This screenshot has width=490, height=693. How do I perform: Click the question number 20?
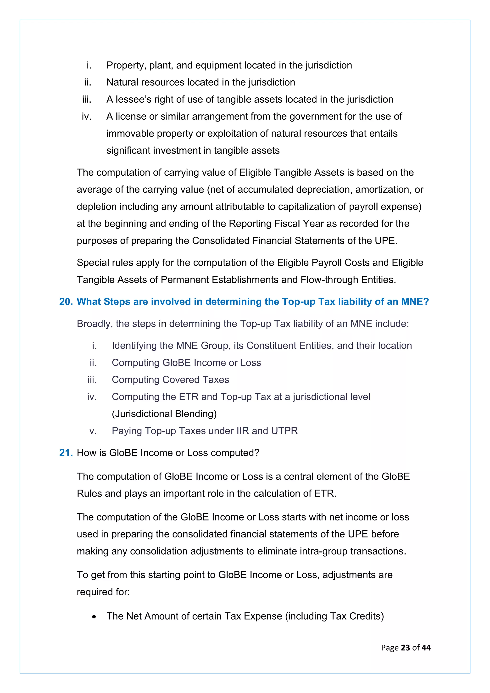[x=66, y=302]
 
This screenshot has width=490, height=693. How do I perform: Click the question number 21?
[x=66, y=453]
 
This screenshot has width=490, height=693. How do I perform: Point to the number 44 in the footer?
[x=426, y=648]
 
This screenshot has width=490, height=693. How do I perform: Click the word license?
[x=131, y=116]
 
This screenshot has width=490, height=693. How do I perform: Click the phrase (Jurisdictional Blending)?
[x=164, y=414]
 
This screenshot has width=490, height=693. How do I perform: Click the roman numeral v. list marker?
[x=93, y=431]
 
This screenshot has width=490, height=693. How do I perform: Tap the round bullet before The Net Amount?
[x=95, y=617]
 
